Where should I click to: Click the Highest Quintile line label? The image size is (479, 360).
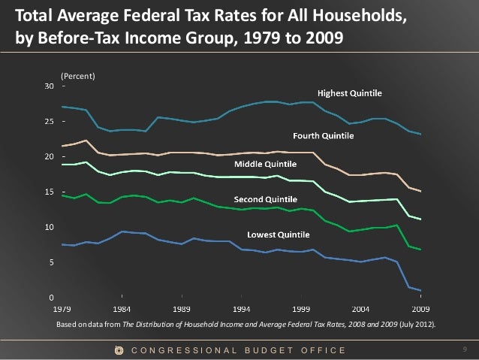click(350, 94)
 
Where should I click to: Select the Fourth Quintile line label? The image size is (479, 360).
click(323, 136)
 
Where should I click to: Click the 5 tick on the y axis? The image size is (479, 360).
click(50, 262)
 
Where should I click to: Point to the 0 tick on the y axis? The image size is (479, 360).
click(50, 298)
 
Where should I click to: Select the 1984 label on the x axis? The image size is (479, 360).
click(122, 308)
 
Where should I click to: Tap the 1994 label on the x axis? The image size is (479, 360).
click(242, 308)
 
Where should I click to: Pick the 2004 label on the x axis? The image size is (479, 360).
click(361, 308)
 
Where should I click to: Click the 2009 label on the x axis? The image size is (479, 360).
click(421, 308)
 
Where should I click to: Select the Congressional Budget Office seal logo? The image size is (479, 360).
click(119, 350)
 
